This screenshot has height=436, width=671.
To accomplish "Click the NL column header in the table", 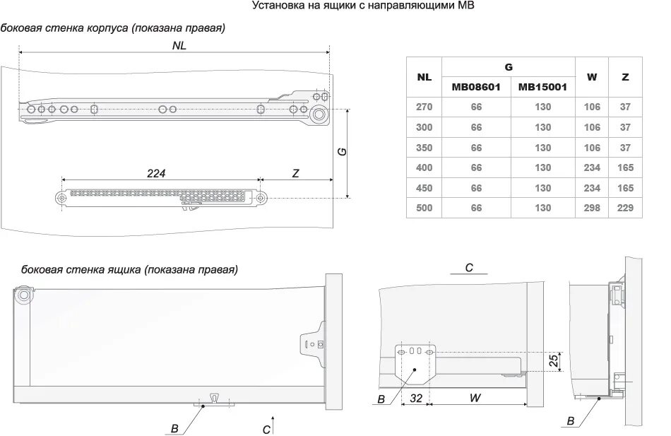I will point(424,77).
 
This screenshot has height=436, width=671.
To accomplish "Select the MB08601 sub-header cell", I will point(476,88).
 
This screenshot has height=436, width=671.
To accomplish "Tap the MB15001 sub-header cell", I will point(542,88).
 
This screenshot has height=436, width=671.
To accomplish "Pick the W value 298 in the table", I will point(592,208).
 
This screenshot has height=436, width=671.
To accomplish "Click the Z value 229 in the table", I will point(625,208).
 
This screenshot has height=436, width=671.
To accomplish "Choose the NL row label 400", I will point(424,167).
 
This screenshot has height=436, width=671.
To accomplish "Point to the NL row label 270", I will point(424,107).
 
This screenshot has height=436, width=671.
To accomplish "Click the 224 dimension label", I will point(156,173).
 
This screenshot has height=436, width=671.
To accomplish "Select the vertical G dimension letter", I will point(342,151).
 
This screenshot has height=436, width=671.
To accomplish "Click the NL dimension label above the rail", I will point(179,44).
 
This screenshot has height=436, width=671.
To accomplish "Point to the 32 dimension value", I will point(415,398).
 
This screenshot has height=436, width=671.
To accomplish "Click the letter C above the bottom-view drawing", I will point(469,267).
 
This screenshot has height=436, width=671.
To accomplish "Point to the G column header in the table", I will point(509,66).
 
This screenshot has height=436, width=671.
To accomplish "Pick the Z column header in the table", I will point(625,77).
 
